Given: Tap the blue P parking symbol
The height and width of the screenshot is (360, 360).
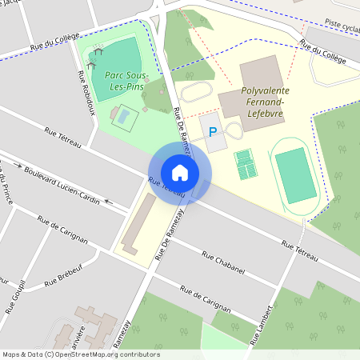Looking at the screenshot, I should (x=213, y=132).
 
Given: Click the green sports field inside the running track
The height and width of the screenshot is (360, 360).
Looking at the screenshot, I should (x=295, y=174).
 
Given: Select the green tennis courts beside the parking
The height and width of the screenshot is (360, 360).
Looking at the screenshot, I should (x=246, y=165).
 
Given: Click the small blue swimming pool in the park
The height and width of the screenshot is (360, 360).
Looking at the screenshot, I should (x=123, y=119).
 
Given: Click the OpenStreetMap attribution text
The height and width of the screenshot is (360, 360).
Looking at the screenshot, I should (x=80, y=354).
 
